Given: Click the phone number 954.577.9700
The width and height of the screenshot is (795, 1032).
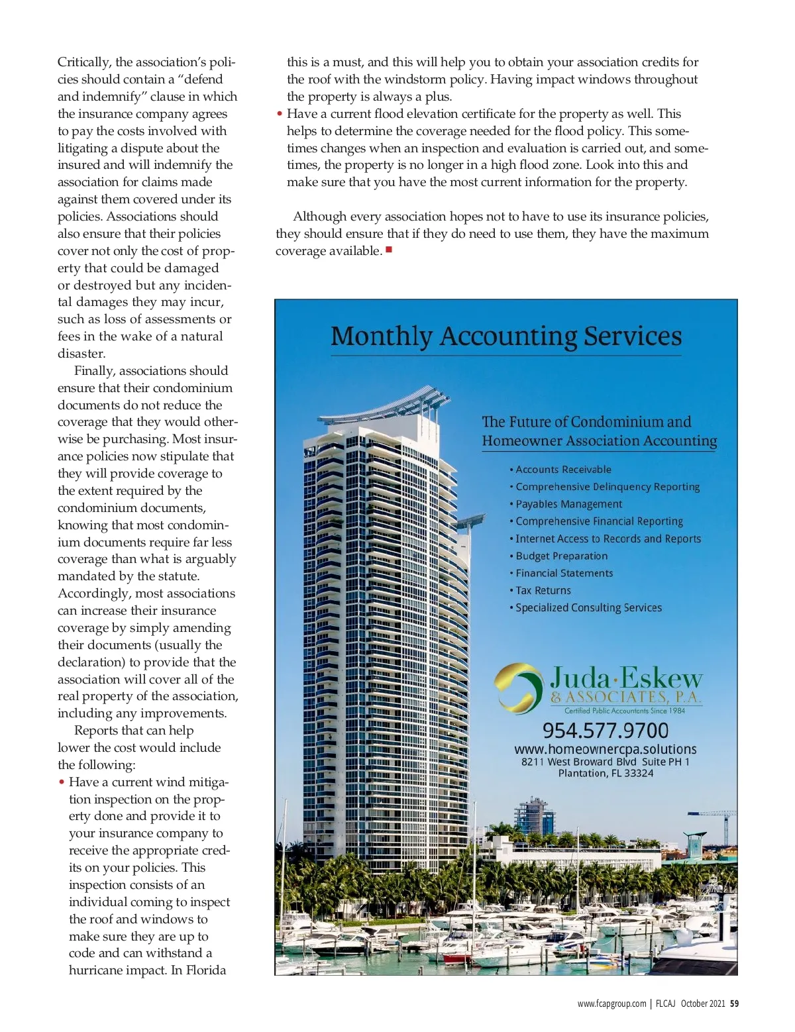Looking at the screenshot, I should click(606, 730).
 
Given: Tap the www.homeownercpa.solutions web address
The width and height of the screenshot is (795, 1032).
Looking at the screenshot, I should click(606, 749).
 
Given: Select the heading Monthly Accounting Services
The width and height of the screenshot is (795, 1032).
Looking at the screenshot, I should click(506, 336).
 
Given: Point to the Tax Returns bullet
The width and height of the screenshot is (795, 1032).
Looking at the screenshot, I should click(543, 590).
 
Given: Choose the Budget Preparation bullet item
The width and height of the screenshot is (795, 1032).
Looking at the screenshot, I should click(561, 556).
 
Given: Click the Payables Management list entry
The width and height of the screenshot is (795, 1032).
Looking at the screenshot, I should click(568, 504).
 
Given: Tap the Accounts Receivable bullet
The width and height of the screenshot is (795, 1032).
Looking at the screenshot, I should click(563, 470).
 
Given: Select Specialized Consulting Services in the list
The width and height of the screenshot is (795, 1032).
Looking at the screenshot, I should click(588, 607).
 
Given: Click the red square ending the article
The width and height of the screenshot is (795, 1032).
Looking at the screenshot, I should click(389, 250).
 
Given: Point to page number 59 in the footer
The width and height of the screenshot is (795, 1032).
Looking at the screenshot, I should click(734, 1004).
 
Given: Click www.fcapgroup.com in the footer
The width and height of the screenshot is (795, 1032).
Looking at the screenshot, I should click(611, 1004).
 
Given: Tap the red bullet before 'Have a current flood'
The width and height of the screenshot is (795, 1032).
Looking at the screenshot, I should click(280, 114).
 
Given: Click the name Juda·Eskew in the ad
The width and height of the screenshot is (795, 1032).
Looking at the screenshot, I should click(626, 678).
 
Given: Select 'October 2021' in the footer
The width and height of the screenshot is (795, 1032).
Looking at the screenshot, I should click(702, 1004).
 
